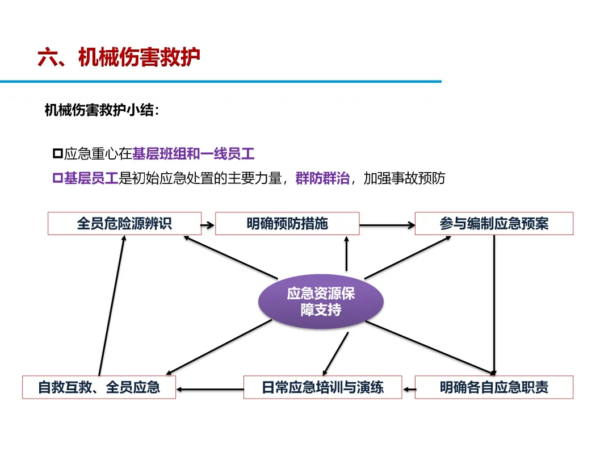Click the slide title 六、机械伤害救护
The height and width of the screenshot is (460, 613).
[119, 57]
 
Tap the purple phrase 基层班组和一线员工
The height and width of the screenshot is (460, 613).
[194, 153]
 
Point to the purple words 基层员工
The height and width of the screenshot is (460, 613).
[90, 178]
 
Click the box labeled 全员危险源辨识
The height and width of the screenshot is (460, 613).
[124, 223]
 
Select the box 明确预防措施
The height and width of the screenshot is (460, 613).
[287, 223]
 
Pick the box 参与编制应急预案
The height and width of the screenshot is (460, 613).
[494, 223]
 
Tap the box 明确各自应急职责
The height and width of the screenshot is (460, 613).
[494, 387]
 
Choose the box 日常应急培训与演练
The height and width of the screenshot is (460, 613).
[322, 387]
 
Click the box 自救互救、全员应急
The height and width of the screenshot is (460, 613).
[99, 387]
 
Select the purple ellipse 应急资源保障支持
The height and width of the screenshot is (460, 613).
[321, 301]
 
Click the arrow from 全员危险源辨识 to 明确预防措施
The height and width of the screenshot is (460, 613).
[208, 225]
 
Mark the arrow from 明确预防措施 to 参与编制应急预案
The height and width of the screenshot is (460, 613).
[387, 225]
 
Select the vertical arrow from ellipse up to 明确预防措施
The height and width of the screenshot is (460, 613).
[346, 253]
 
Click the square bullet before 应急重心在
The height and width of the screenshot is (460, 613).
[57, 153]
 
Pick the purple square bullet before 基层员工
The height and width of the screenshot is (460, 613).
[57, 178]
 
